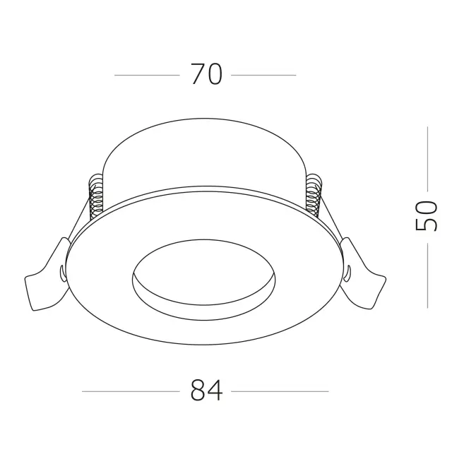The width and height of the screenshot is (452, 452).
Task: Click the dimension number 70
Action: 207,74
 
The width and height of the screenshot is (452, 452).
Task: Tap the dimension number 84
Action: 207,391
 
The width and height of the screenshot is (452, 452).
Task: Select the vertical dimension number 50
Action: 427,216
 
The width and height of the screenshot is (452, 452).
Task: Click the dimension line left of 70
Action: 147,76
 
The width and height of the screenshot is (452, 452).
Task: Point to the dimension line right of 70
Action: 263,76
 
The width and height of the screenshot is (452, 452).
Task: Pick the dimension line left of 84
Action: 131,391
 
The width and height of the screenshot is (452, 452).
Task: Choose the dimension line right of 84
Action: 280,391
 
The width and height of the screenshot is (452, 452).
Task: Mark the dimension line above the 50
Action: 427,159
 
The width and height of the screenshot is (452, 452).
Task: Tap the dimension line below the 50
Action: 427,275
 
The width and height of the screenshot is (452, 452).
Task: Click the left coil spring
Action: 96,196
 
